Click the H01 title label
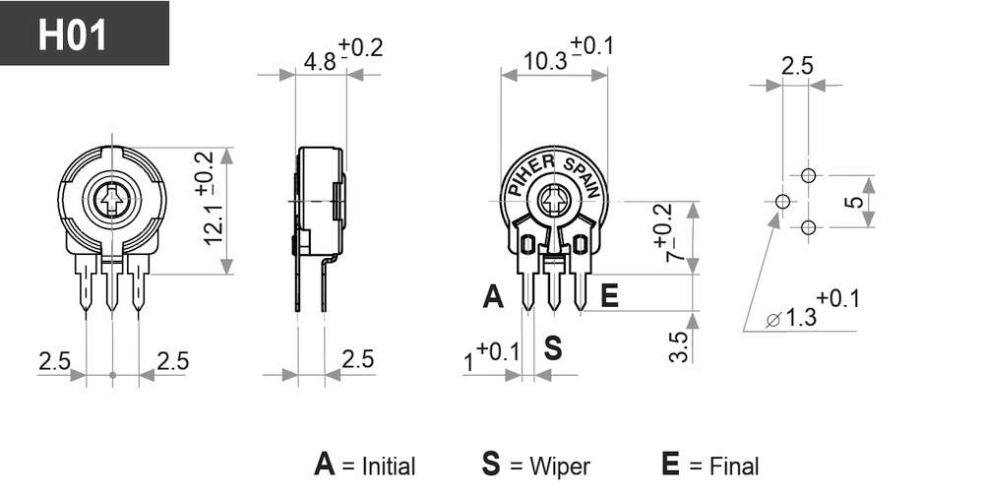click(x=72, y=35)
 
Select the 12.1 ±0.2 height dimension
click(x=209, y=198)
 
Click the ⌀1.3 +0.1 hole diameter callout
click(x=813, y=309)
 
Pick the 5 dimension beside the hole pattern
click(x=853, y=202)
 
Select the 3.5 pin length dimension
click(x=679, y=346)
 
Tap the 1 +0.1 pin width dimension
click(x=492, y=356)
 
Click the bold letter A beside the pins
click(x=493, y=296)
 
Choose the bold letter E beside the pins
click(x=609, y=296)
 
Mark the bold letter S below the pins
click(x=552, y=347)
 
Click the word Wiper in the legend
click(x=560, y=467)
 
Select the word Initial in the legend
click(x=389, y=467)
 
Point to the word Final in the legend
click(x=734, y=466)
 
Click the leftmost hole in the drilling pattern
click(x=782, y=202)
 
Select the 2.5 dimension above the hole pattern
click(x=797, y=66)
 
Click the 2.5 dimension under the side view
click(x=358, y=359)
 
